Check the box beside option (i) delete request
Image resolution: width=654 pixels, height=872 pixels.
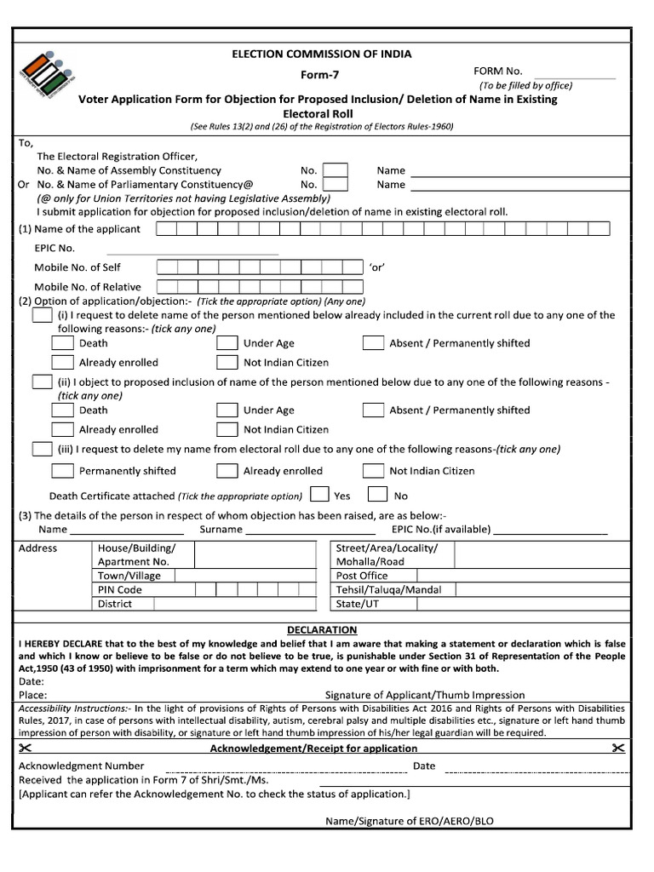pos(42,315)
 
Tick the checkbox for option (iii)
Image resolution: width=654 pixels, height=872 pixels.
pos(42,449)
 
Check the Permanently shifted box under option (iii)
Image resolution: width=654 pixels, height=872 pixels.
pos(62,471)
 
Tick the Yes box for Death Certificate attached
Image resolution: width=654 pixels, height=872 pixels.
pos(319,495)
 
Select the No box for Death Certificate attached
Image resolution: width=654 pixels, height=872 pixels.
pos(377,495)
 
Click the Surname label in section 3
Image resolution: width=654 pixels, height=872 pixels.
pos(221,530)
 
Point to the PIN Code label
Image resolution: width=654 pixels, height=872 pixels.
pos(120,589)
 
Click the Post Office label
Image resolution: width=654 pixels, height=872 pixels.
pos(362,576)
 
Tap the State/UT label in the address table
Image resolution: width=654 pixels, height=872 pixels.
pos(358,604)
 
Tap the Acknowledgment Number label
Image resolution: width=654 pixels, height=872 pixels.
pos(82,766)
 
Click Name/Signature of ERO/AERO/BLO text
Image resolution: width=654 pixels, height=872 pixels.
pos(409,822)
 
